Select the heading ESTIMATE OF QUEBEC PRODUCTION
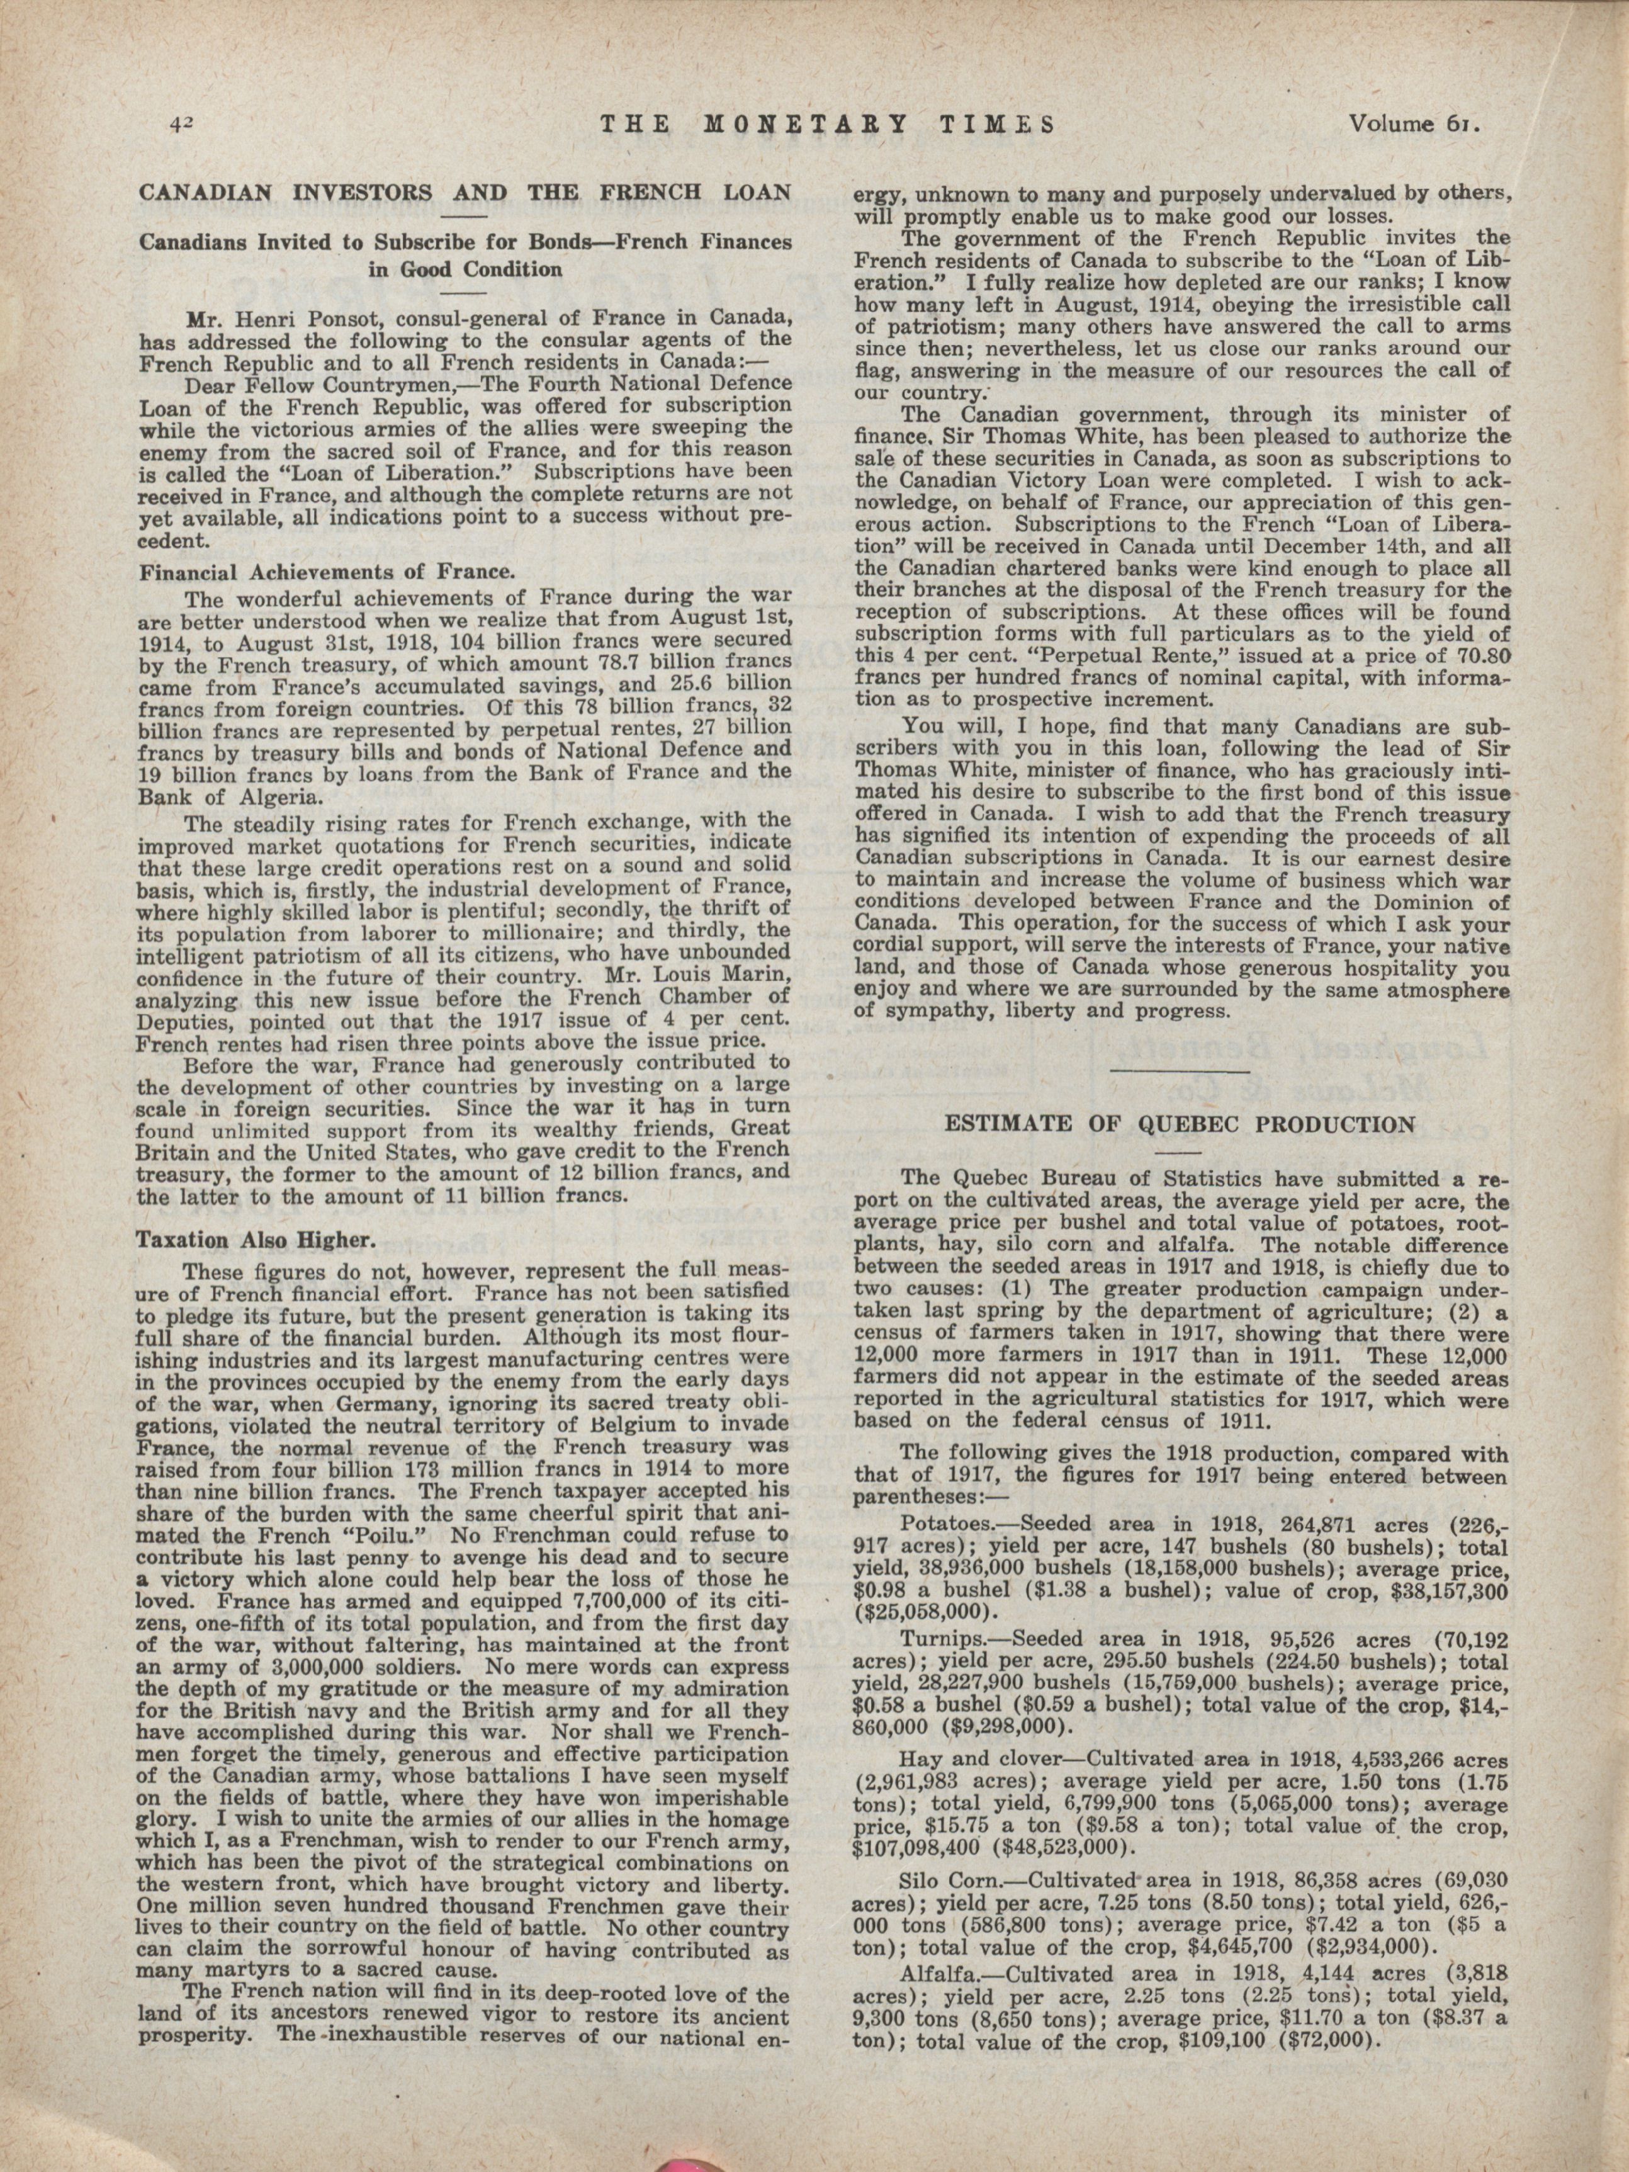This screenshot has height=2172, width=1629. [x=1180, y=1124]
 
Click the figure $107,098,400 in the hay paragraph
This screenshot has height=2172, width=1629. [x=919, y=1845]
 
